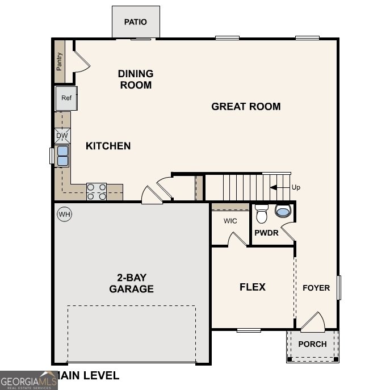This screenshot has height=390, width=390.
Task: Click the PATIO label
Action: (135, 22)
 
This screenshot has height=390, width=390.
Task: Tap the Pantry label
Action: (59, 61)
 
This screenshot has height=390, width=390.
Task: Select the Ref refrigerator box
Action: (66, 98)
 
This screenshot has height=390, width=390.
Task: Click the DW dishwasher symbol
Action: (62, 136)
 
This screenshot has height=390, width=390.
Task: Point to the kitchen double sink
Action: (62, 156)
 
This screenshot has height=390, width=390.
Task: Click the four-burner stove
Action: (97, 192)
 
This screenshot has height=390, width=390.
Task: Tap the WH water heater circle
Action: (64, 215)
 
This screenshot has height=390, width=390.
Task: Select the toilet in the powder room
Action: (261, 214)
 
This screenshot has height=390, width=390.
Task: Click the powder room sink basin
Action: (283, 212)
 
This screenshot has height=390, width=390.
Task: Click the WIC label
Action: (230, 221)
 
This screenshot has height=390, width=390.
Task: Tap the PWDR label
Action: (266, 233)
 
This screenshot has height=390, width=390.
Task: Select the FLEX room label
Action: (253, 287)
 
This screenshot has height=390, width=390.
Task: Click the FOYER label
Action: (316, 288)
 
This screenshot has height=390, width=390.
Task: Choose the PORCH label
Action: (312, 344)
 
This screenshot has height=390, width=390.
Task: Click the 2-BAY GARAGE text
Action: (131, 283)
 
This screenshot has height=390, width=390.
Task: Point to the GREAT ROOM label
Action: (246, 106)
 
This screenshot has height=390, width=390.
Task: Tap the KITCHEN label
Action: (108, 146)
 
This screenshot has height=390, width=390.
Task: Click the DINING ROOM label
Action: (135, 79)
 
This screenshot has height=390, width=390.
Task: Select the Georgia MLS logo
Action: (28, 380)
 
